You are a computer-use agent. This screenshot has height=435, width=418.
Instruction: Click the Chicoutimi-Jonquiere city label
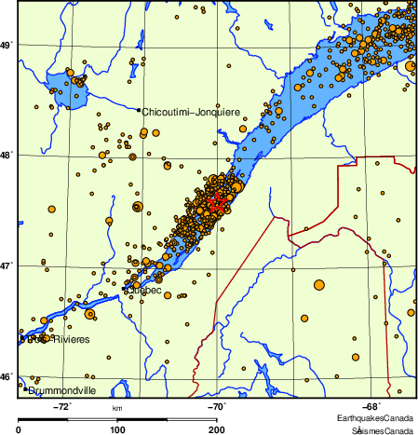pos(191,112)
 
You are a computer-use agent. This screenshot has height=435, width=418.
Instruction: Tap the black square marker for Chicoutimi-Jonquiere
pos(139,110)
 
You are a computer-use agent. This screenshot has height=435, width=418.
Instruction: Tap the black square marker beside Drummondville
pos(26,389)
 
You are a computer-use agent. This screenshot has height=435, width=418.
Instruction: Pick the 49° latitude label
pos(6,45)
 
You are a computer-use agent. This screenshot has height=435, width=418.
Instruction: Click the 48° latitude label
pos(6,155)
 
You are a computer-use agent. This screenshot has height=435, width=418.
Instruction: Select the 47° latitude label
pos(6,265)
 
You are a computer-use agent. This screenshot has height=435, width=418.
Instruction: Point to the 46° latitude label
pos(6,376)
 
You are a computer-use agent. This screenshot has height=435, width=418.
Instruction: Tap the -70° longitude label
pos(215,405)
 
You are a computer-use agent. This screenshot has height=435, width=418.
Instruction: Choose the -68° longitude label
pos(369,405)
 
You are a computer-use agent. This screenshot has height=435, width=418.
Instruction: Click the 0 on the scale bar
pos(19,429)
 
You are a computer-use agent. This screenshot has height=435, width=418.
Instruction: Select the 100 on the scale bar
pos(117,429)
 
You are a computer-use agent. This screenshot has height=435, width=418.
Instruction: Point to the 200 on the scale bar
pos(216,429)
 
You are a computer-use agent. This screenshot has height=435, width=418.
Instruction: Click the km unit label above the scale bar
pos(117,408)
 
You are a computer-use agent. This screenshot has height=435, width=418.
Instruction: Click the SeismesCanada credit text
pos(382,429)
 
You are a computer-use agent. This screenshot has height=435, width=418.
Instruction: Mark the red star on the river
pos(215,202)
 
